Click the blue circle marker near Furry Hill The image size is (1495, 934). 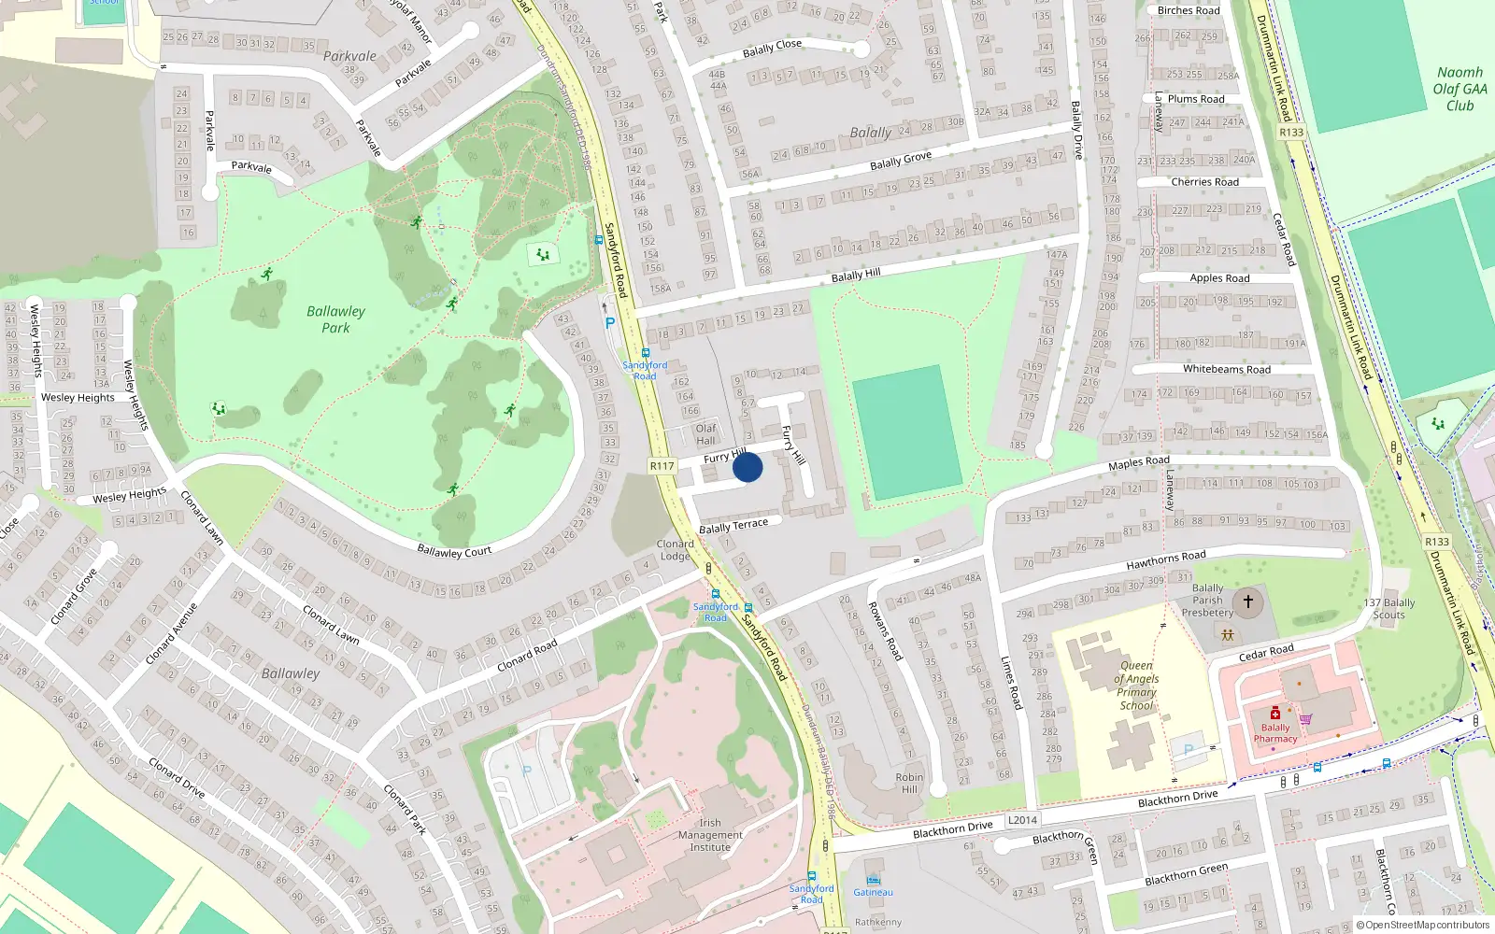tap(747, 467)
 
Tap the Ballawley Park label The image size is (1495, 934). tap(336, 319)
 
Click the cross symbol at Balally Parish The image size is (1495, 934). tap(1247, 601)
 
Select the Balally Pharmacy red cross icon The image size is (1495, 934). tap(1275, 714)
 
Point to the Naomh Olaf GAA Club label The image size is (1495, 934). tap(1459, 89)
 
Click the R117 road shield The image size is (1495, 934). tap(662, 466)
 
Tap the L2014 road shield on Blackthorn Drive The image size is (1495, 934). tap(1022, 820)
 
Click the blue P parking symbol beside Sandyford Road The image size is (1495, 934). tap(610, 324)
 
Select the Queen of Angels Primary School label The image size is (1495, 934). tap(1136, 686)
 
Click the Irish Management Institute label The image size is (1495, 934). tap(710, 835)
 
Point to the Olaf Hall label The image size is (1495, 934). tap(705, 434)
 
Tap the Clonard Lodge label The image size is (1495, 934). tap(675, 549)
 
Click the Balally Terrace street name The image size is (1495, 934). tap(733, 526)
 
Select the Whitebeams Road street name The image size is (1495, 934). tap(1226, 369)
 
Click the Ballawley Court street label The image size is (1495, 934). tap(454, 551)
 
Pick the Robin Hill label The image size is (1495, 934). tap(909, 783)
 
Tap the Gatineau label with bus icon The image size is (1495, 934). tap(873, 892)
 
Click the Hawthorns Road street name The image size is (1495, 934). tap(1165, 559)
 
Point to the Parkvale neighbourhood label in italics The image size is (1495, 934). tap(349, 56)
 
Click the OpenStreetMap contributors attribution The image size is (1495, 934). tap(1422, 926)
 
